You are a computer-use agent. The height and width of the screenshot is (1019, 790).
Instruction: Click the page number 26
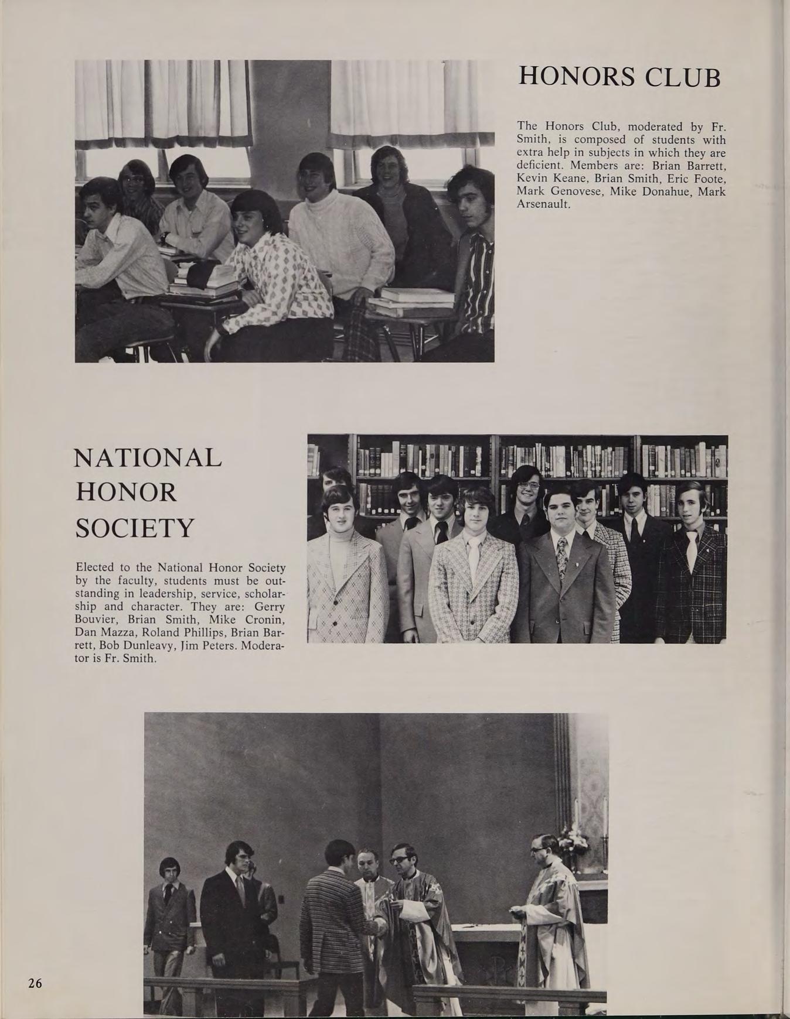point(35,983)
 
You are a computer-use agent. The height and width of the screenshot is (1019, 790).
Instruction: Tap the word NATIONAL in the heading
point(148,457)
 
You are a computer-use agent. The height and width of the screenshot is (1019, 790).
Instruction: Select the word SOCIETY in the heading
point(135,528)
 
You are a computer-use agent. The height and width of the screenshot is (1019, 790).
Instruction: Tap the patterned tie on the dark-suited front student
point(562,556)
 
